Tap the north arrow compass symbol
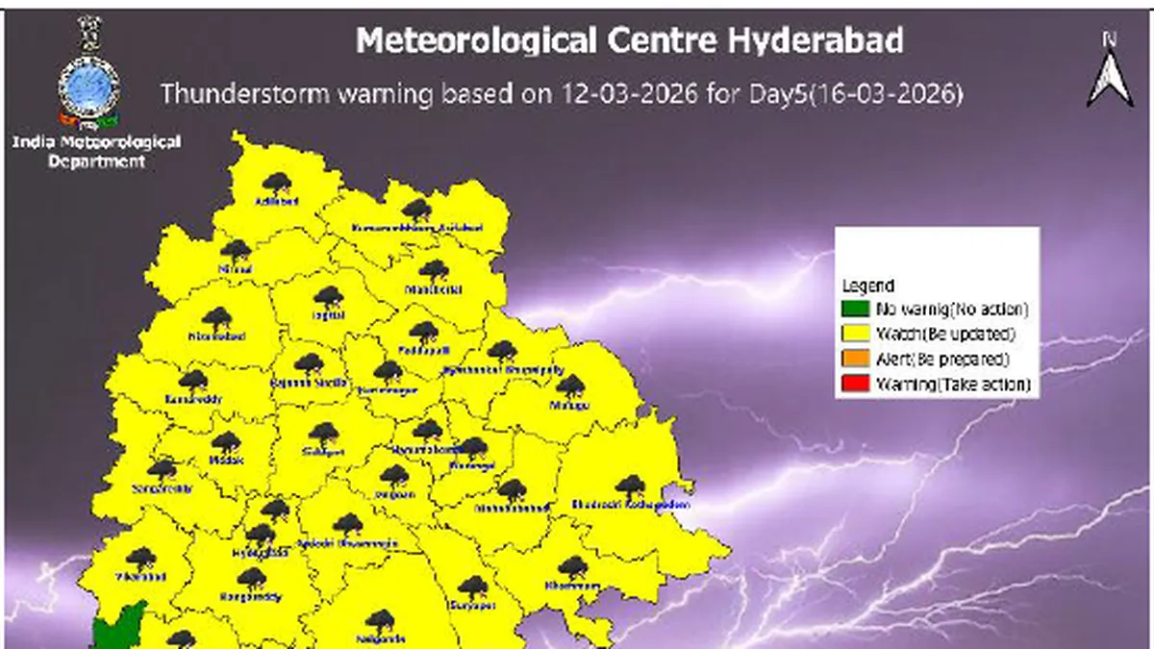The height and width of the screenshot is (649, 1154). pos(1110,72)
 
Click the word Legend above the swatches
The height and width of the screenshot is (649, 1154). pos(868,286)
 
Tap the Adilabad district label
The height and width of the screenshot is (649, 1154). pos(277,202)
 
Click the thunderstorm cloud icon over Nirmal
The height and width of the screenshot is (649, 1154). pos(236,250)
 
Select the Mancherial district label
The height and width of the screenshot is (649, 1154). pos(433,289)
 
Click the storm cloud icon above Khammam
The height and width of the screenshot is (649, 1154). pos(573,565)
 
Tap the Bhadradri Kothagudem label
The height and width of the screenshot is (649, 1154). pos(631,504)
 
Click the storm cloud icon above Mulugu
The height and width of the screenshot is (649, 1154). pos(571,386)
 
